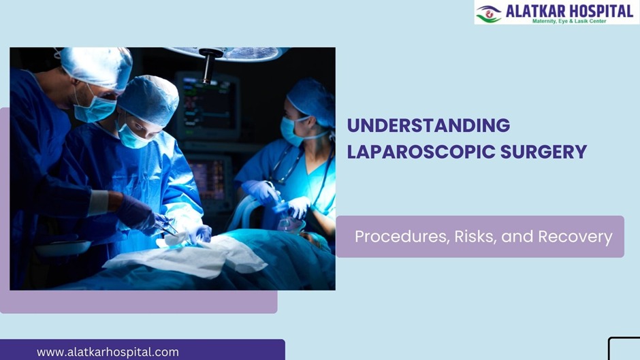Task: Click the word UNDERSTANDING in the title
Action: point(428,126)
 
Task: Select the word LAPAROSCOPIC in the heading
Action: point(421,152)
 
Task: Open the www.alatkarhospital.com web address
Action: point(108,352)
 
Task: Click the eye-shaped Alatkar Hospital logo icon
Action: point(488,13)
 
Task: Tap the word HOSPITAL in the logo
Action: point(597,10)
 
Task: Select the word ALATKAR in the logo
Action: point(532,10)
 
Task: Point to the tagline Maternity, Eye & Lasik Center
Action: point(569,21)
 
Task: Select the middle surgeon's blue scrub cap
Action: point(148,99)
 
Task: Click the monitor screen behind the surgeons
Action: point(207,105)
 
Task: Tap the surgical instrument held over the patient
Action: point(167,228)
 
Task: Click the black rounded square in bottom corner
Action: point(625,348)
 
